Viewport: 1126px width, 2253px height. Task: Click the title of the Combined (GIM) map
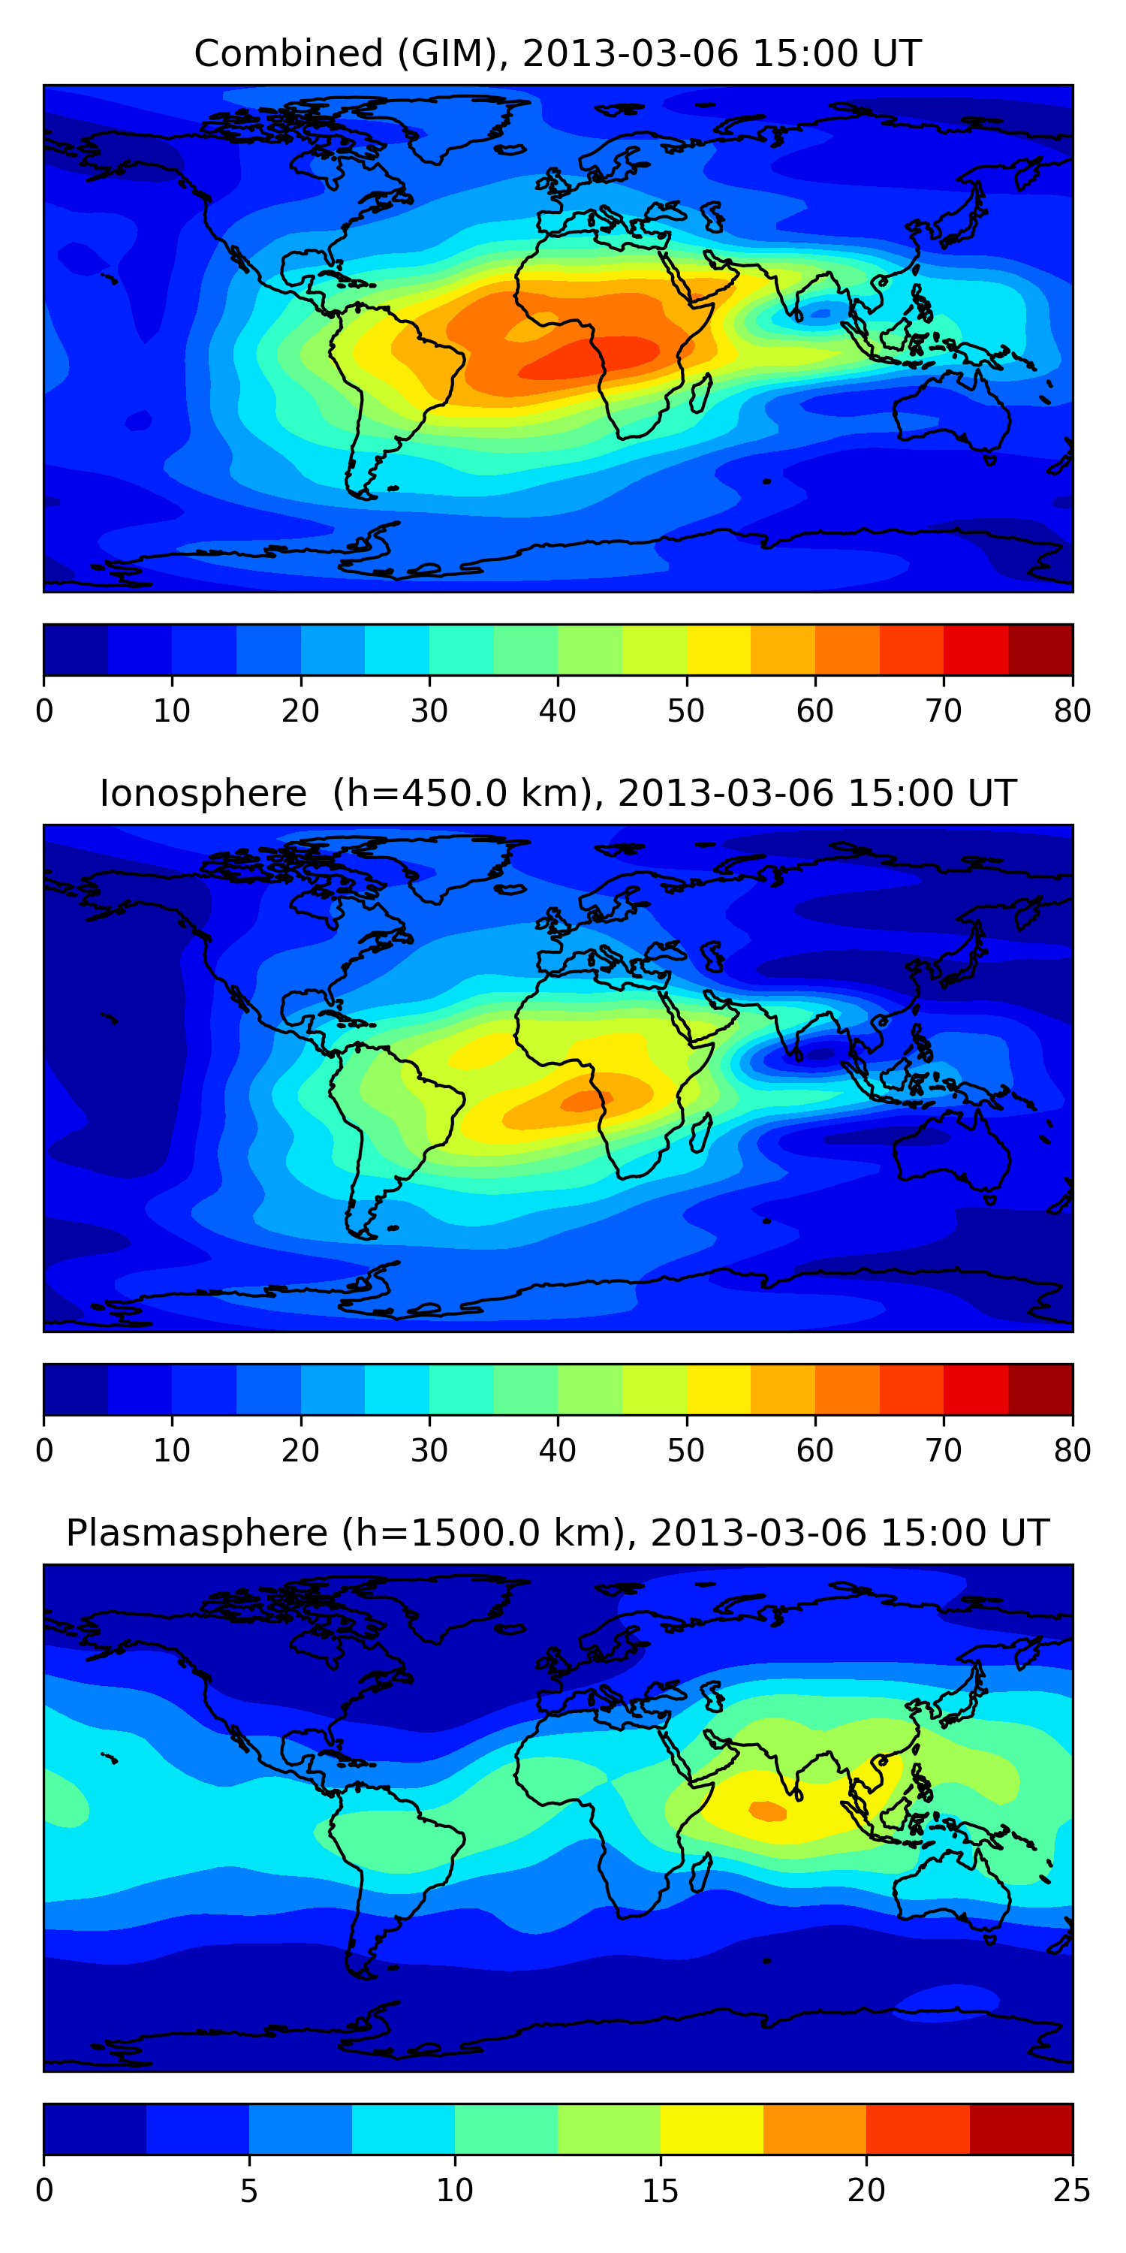[x=558, y=53]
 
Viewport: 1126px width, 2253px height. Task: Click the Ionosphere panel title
[x=558, y=793]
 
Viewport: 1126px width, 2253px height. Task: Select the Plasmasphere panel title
[x=558, y=1534]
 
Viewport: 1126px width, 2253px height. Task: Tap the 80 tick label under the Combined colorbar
[x=1072, y=711]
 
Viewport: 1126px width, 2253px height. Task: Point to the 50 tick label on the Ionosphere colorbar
[x=686, y=1451]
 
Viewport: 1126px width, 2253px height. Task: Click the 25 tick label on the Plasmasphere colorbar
[x=1072, y=2191]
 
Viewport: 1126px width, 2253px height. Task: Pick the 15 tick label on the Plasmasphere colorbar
[x=660, y=2191]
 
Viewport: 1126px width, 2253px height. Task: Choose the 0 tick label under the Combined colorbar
[x=44, y=711]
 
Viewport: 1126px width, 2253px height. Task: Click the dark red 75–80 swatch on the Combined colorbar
[x=1040, y=650]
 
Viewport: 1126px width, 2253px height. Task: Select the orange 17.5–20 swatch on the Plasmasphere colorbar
[x=814, y=2130]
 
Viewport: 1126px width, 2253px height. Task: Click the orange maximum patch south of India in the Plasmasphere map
[x=769, y=1811]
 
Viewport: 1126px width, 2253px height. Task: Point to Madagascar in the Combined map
[x=700, y=393]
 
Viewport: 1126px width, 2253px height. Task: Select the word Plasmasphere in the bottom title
[x=197, y=1534]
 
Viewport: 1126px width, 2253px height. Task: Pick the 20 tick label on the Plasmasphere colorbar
[x=866, y=2191]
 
